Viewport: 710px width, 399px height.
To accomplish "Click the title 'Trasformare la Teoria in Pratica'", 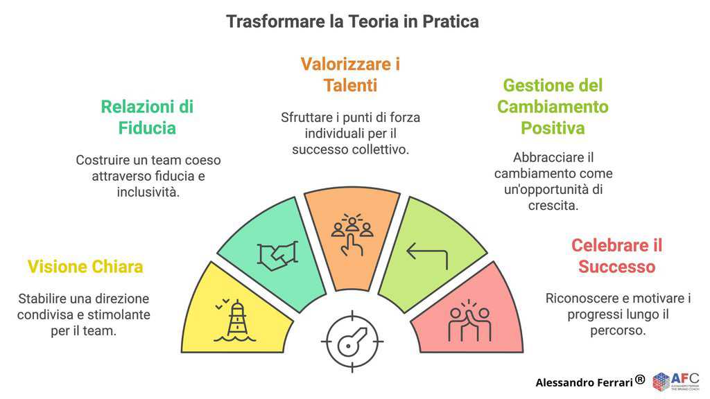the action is point(352,21).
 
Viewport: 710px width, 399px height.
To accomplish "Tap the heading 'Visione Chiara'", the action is point(85,267).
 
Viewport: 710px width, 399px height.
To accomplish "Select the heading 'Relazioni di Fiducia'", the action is point(147,118).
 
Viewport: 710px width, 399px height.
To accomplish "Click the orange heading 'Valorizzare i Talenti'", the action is point(350,75).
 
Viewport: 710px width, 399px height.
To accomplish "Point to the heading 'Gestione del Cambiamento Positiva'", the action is point(553,107).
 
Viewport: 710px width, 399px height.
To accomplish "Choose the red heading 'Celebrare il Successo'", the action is point(616,256).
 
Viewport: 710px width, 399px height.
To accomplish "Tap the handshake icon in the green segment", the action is point(277,256).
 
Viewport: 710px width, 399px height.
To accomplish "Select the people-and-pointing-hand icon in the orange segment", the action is point(352,234).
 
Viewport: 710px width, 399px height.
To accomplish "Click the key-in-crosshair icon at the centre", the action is point(352,342).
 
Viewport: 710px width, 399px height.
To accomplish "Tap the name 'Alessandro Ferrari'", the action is point(584,382).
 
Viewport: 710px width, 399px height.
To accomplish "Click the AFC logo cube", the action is point(661,382).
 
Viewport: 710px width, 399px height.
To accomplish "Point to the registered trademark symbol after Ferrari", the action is point(640,380).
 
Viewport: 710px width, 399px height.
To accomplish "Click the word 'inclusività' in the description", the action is point(148,192).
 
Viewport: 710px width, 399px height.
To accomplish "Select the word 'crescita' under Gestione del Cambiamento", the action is point(553,205).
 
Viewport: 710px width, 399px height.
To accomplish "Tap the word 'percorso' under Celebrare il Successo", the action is point(618,330).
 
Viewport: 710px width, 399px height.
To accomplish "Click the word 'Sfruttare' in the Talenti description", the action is point(306,118).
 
